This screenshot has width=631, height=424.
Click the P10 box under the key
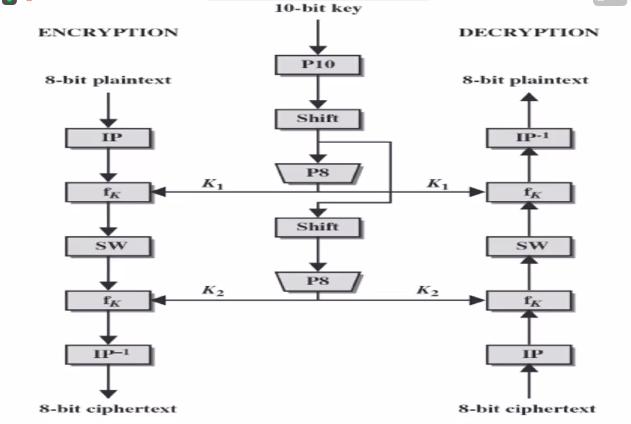[318, 64]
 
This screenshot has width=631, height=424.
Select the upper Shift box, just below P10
[318, 118]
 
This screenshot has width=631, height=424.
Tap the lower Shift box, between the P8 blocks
[318, 227]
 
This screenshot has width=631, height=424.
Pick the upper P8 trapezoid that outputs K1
[318, 174]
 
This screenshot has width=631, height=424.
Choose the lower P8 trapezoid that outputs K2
[318, 281]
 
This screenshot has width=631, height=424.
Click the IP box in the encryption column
[109, 138]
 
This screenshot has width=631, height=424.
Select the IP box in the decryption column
[529, 355]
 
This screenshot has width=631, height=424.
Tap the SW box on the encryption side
[109, 246]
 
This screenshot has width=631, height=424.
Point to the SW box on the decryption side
[529, 246]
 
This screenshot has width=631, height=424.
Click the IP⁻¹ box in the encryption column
[109, 355]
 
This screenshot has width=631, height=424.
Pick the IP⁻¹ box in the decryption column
[529, 138]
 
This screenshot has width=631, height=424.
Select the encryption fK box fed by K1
[109, 192]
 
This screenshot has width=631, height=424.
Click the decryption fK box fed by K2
[529, 301]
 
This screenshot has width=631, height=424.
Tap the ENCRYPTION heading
[108, 32]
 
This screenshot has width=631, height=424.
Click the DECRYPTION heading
[529, 32]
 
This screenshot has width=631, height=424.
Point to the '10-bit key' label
[318, 9]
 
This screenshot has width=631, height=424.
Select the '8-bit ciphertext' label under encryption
[109, 409]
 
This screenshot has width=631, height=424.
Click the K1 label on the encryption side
[212, 183]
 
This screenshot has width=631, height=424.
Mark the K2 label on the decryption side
[427, 291]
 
